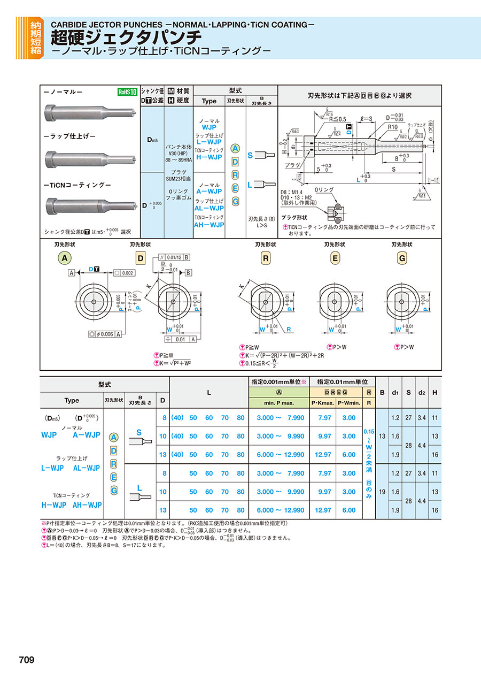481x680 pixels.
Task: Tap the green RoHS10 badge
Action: [x=127, y=92]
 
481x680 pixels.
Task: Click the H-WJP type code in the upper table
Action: [x=208, y=157]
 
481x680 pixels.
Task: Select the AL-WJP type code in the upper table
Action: [x=209, y=208]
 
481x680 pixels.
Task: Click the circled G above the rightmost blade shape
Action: [x=402, y=258]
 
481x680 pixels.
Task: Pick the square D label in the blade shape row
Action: [x=141, y=258]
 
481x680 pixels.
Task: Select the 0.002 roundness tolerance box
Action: [x=124, y=273]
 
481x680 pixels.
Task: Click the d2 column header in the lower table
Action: [x=422, y=392]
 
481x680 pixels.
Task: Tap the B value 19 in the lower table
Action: [x=382, y=491]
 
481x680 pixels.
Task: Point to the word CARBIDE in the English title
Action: [x=69, y=25]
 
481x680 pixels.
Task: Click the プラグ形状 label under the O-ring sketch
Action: [x=294, y=218]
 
